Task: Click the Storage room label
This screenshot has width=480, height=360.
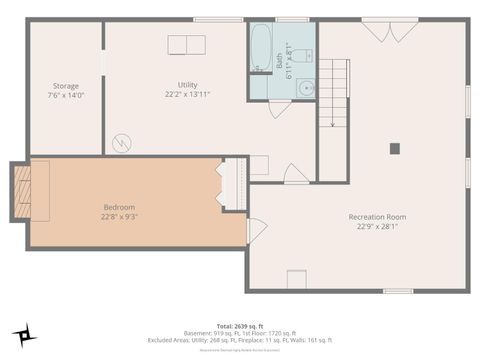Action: (67, 86)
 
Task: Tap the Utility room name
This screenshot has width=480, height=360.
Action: (187, 85)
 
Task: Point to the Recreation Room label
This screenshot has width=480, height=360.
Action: (377, 217)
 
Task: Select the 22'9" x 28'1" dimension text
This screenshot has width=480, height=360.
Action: (377, 226)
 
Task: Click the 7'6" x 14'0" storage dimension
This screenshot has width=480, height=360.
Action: (67, 95)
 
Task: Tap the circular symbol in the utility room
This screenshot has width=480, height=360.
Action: (122, 143)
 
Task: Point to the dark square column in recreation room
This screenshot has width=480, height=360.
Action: (395, 148)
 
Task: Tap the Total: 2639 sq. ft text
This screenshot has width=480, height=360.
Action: (239, 326)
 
